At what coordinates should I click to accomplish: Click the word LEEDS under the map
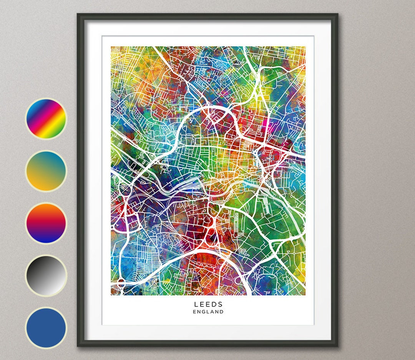coord(208,304)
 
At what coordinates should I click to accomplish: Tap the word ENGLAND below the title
coord(208,312)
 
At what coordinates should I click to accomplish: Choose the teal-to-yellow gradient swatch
coord(46,171)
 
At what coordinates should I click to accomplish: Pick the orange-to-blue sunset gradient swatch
coord(46,223)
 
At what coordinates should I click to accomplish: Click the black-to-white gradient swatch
coord(46,275)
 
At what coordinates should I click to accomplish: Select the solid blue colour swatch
coord(46,328)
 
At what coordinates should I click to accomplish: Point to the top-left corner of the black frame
coord(78,14)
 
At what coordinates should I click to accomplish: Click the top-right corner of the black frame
coord(337,14)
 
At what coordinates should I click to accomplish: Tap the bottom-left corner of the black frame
coord(78,346)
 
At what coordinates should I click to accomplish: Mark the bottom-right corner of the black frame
coord(337,346)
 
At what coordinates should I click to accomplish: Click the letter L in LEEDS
coord(196,304)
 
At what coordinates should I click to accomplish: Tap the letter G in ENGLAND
coord(203,312)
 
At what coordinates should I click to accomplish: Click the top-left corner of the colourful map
coord(111,47)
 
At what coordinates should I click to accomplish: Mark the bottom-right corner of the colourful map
coord(305,295)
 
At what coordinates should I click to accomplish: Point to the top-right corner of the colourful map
coord(305,47)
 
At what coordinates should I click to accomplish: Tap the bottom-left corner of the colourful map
coord(111,295)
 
